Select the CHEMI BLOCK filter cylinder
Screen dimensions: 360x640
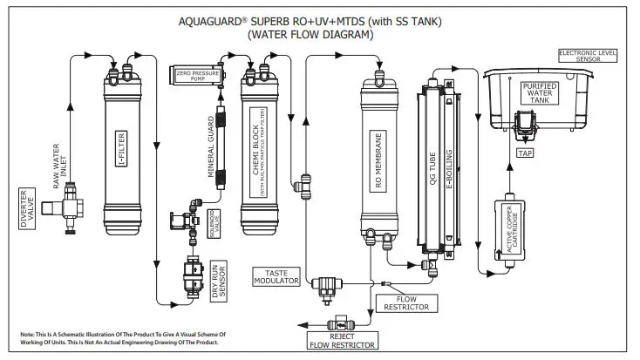point(258,153)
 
